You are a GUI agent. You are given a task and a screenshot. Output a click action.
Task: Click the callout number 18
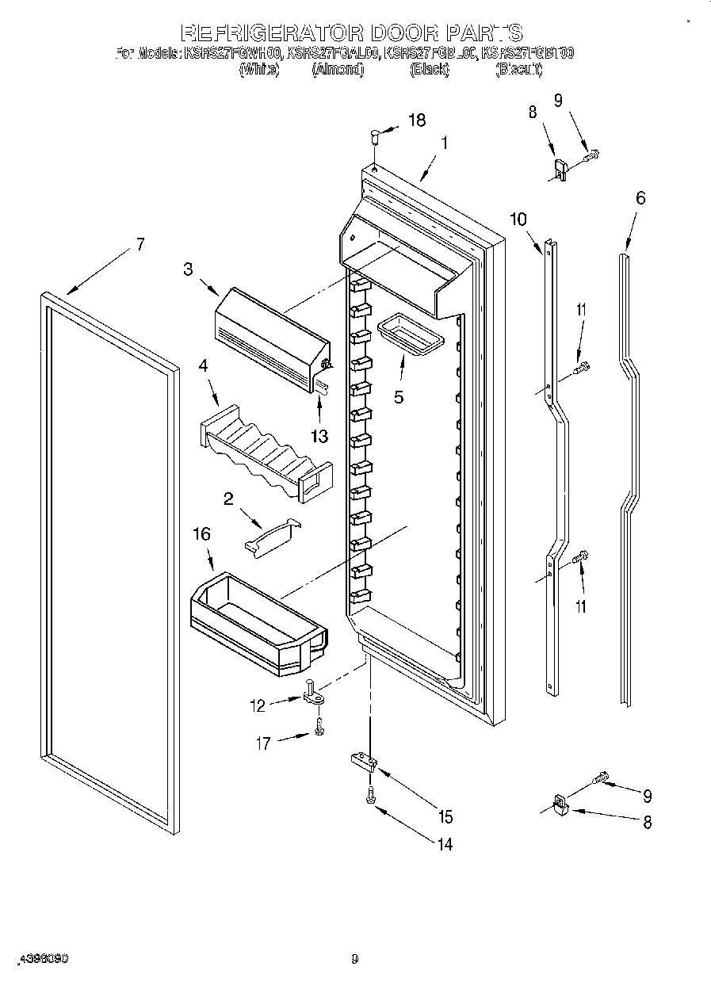point(416,120)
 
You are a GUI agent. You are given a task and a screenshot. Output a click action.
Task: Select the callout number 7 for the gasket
point(140,244)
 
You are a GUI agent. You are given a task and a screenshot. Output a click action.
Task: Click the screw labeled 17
point(319,727)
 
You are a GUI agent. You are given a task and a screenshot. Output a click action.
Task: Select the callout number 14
point(444,844)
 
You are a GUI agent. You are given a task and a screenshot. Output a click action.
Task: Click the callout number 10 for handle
point(518,220)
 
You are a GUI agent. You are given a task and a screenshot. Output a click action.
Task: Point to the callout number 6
point(640,198)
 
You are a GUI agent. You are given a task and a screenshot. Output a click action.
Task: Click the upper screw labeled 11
point(583,366)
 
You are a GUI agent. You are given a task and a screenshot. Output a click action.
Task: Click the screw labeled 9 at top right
point(591,156)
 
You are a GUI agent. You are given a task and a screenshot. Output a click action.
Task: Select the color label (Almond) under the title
point(337,70)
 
